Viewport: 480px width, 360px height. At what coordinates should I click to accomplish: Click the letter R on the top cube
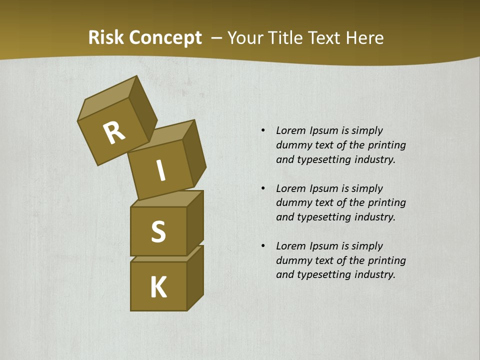[x=114, y=133]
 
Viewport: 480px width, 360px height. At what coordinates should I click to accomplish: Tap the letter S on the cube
[x=158, y=232]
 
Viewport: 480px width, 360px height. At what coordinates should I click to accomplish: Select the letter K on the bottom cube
[x=158, y=287]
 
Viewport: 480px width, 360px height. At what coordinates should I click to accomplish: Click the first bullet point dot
[x=262, y=130]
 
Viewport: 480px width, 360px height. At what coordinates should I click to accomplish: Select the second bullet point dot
[x=262, y=188]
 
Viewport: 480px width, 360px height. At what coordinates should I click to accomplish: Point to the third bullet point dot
[x=262, y=246]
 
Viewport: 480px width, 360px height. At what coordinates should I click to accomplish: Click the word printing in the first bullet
[x=387, y=145]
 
